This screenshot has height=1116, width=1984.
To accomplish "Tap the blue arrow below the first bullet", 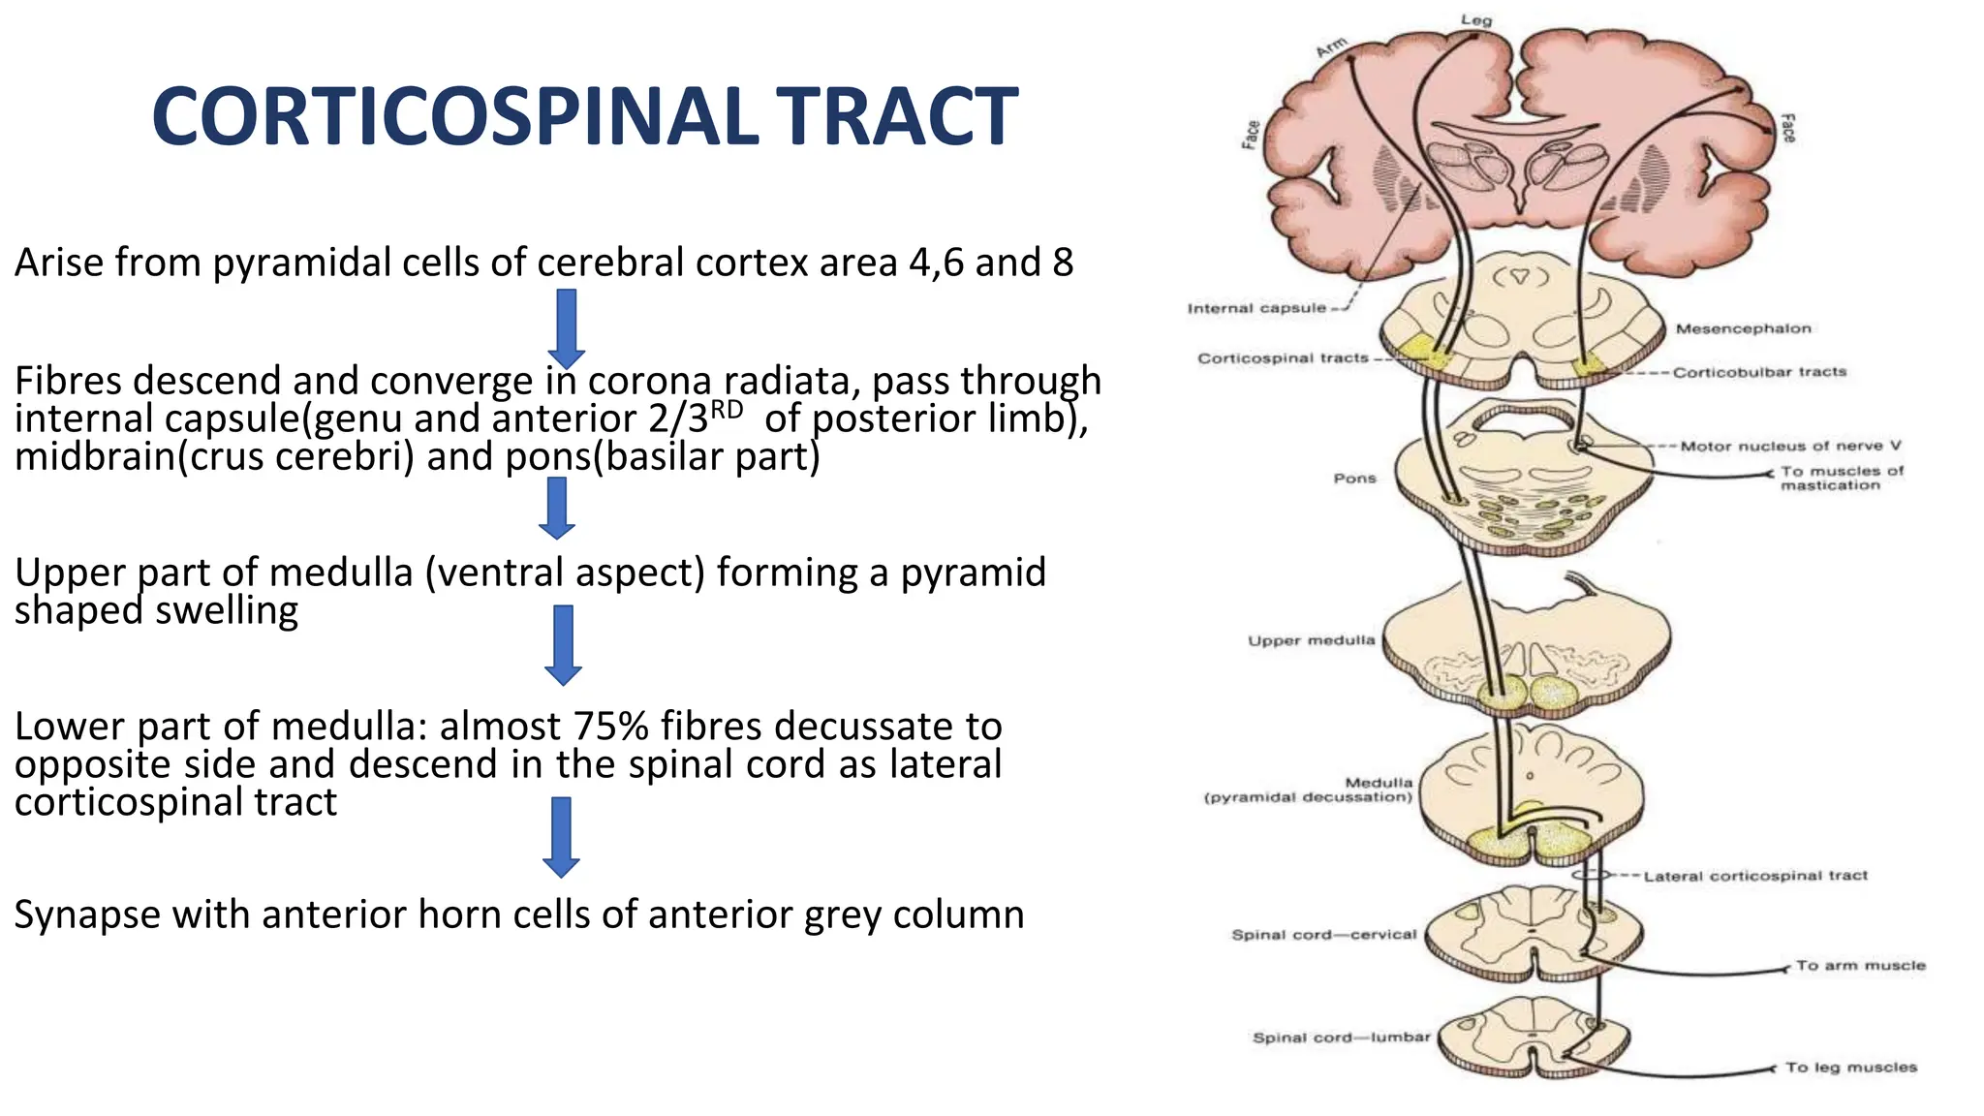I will tap(567, 327).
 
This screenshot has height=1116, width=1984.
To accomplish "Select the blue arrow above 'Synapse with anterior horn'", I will tap(561, 836).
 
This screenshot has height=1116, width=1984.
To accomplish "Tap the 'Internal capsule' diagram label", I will tap(1256, 308).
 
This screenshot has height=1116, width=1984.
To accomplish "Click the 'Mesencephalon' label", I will tap(1743, 328).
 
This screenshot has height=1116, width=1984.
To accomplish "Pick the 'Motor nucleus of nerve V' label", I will tap(1790, 446).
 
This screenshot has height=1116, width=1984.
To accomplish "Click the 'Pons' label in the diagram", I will tap(1354, 478).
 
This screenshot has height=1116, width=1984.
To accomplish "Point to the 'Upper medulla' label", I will tap(1311, 640).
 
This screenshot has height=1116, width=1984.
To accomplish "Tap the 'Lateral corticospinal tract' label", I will tap(1755, 876).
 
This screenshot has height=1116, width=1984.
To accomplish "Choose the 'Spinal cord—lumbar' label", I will tap(1341, 1038).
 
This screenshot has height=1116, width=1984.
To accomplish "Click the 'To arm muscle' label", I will tap(1860, 966).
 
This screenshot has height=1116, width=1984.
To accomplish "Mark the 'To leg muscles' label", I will tap(1850, 1068).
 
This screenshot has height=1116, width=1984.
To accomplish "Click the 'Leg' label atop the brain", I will tap(1476, 20).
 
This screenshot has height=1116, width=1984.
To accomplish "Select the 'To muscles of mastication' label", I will tap(1841, 478).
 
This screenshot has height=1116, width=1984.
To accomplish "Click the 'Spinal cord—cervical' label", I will tap(1323, 935).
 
